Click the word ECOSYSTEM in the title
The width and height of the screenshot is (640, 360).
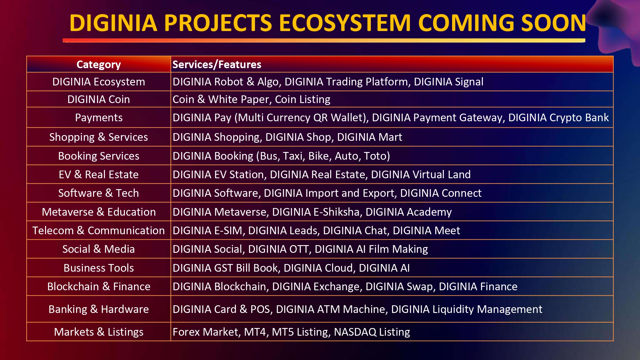pyautogui.click(x=345, y=23)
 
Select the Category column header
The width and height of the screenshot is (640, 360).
pyautogui.click(x=99, y=65)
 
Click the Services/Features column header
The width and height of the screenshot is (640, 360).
pyautogui.click(x=217, y=65)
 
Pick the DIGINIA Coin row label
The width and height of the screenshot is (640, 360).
pyautogui.click(x=99, y=100)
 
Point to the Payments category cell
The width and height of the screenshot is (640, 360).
pyautogui.click(x=99, y=118)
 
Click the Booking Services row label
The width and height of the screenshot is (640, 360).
pyautogui.click(x=99, y=156)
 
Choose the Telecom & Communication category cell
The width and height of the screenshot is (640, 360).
pyautogui.click(x=99, y=230)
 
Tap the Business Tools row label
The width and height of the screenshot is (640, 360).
pyautogui.click(x=99, y=268)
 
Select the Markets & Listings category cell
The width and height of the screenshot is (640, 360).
pyautogui.click(x=99, y=332)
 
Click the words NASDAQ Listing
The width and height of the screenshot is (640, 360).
pyautogui.click(x=372, y=332)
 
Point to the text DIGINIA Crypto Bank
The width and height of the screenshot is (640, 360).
pyautogui.click(x=558, y=118)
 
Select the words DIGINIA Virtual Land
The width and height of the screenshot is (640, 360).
pyautogui.click(x=421, y=174)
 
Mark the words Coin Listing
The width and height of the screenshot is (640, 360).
pyautogui.click(x=302, y=100)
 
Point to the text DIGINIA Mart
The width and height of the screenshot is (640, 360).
pyautogui.click(x=370, y=137)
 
